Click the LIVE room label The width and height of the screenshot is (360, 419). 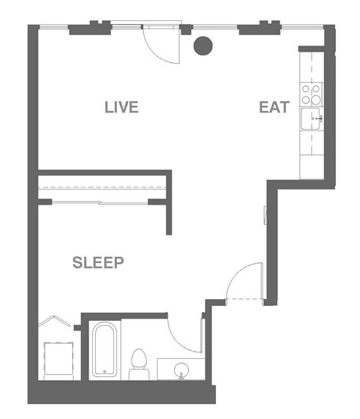pos(121,107)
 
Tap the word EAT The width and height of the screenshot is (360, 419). pos(274,107)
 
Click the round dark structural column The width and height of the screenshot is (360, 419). pos(202,46)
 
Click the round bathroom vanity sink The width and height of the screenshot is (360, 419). pos(179,371)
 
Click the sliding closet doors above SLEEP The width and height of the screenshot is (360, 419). pos(101,201)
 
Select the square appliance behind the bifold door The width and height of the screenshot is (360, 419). pos(57,360)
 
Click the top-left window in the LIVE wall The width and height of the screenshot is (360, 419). pos(54,28)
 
